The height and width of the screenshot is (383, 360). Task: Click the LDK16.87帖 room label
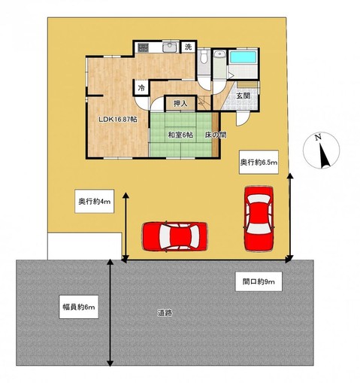[118, 120]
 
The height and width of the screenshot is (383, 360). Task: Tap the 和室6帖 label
[180, 135]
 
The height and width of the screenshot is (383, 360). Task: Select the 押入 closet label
[180, 103]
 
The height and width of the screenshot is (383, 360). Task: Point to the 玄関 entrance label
[243, 96]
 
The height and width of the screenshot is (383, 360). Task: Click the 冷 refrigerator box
[141, 88]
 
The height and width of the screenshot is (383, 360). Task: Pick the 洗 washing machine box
[189, 47]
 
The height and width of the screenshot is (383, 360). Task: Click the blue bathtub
[243, 57]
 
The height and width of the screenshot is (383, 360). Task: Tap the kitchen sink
[170, 47]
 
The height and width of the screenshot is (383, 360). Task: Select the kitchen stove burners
[143, 47]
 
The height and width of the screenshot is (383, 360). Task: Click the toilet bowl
[204, 56]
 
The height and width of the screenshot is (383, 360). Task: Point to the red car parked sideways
[175, 236]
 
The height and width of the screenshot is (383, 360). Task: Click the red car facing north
[259, 219]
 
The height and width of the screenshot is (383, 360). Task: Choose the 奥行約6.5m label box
[259, 163]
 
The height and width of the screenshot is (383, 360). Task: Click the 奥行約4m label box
[95, 202]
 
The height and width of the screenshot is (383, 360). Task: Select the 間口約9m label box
[259, 281]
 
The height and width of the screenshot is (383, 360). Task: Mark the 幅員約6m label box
[79, 307]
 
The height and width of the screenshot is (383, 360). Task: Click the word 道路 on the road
[165, 313]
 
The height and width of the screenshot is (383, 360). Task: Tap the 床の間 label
[216, 135]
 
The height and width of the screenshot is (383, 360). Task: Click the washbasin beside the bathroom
[220, 54]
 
